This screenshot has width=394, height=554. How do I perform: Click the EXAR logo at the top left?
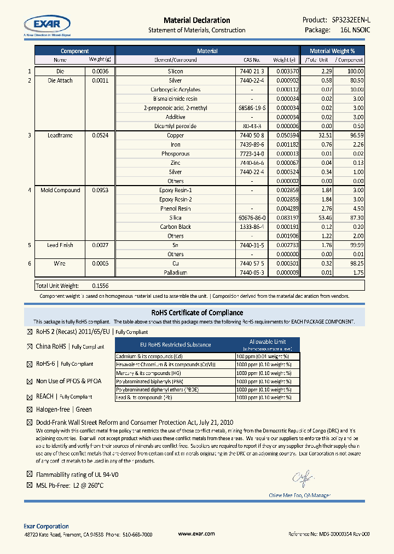point(47,25)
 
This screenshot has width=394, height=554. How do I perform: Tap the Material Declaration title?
point(196,20)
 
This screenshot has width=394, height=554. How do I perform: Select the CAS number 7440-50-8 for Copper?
point(252,135)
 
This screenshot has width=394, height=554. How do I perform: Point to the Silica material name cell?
point(176,217)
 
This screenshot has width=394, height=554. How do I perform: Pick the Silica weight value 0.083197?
point(287,217)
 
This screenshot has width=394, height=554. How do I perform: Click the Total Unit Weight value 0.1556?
point(100,285)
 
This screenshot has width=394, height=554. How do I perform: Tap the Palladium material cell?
point(175,272)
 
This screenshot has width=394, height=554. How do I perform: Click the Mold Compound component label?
point(60,190)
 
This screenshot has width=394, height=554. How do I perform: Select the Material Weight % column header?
point(336,50)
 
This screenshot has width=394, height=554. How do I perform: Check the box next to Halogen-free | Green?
point(30,409)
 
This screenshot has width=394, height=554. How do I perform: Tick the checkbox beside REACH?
point(30,396)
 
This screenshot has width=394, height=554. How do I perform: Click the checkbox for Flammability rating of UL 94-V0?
point(30,474)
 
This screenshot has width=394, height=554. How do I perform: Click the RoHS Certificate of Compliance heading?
point(196,313)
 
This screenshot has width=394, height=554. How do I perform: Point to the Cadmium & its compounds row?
point(175,356)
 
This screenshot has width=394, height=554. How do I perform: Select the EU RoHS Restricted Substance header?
point(175,344)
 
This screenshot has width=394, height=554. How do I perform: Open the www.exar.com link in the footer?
point(196,534)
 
